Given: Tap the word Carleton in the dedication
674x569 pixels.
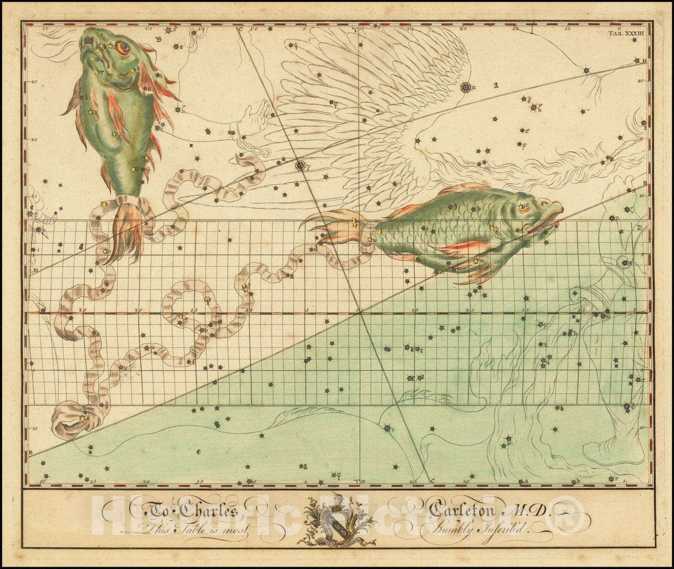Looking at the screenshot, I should [x=463, y=511].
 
